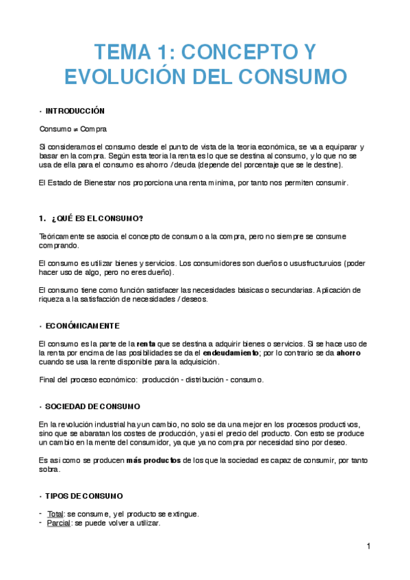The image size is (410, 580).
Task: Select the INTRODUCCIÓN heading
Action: [x=75, y=111]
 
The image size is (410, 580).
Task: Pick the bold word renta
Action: [x=146, y=343]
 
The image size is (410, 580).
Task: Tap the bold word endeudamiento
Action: [x=231, y=352]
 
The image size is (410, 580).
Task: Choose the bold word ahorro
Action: [x=345, y=352]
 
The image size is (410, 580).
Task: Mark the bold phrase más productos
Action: [x=153, y=460]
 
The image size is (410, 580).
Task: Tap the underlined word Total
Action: [x=55, y=514]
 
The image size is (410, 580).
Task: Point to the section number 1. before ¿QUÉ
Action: [x=42, y=218]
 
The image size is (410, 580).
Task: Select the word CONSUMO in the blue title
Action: [x=295, y=75]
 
